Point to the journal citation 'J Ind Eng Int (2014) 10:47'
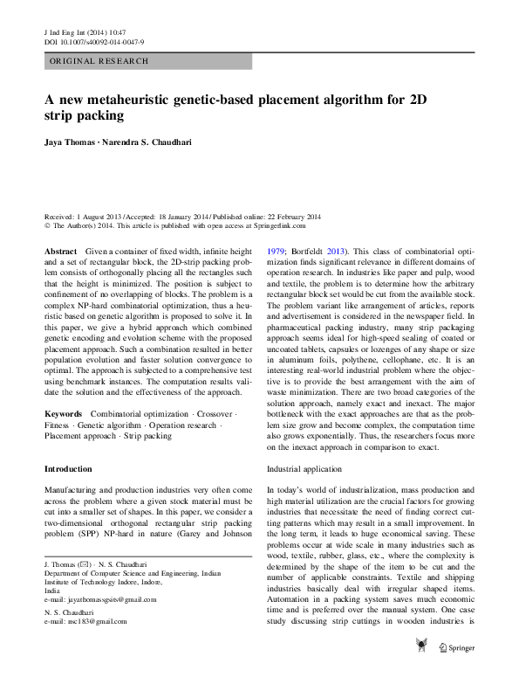click(x=90, y=31)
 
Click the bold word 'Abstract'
click(x=60, y=251)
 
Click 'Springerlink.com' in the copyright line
click(x=288, y=225)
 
